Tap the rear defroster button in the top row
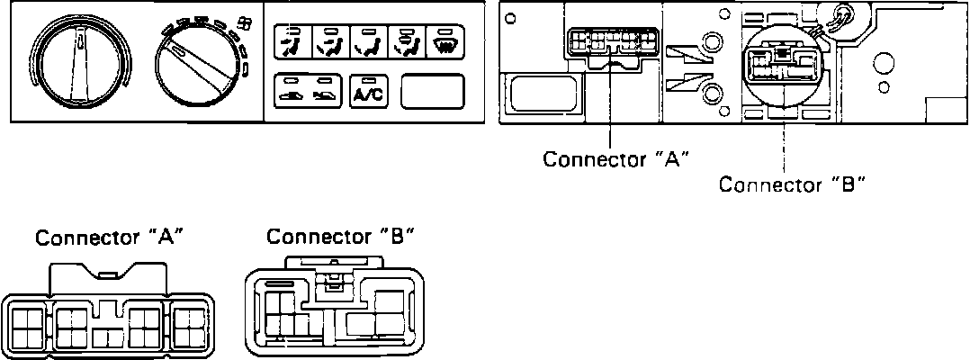click(x=445, y=41)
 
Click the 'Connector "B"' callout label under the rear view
click(x=792, y=185)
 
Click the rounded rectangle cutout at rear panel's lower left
click(x=537, y=94)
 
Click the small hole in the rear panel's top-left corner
click(x=512, y=17)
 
